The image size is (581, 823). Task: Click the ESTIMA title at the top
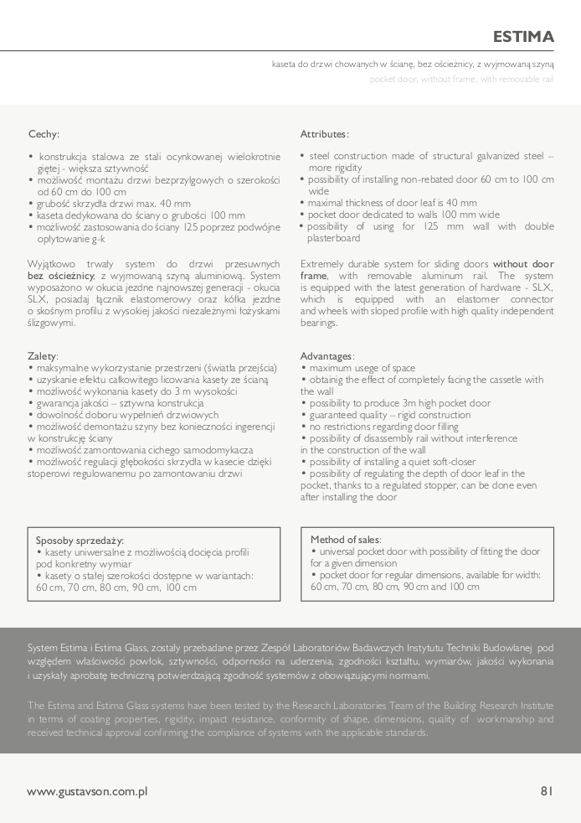pos(523,37)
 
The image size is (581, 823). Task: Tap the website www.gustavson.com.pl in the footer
pos(87,791)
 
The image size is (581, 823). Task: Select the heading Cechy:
pos(44,133)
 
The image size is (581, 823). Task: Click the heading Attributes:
pos(325,134)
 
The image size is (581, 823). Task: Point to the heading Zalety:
pos(43,356)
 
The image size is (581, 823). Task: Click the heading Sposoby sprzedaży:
pos(80,541)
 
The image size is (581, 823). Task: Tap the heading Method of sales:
pos(346,540)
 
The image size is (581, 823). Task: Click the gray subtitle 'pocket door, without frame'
pos(462,80)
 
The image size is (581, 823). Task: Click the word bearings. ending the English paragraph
pos(319,323)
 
